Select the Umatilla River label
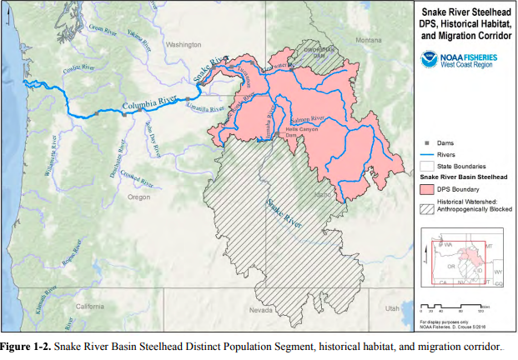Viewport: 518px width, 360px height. tap(205, 109)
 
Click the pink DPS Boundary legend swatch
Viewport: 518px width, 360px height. tap(426, 189)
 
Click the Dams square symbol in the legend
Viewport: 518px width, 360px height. tap(426, 143)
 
